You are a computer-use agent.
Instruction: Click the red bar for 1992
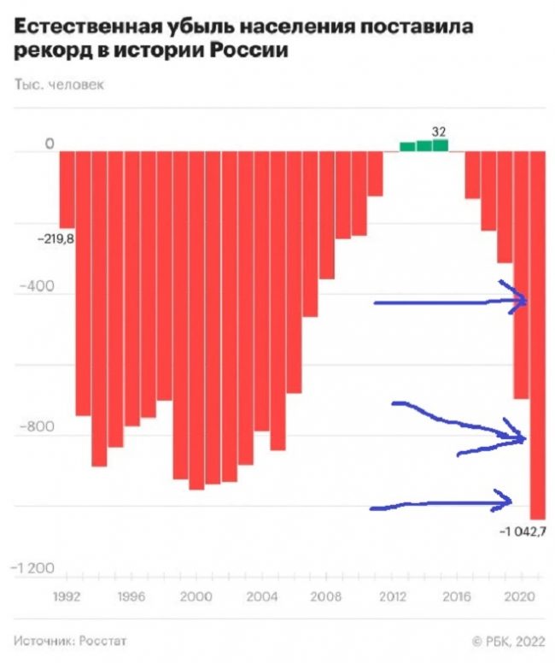[x=67, y=188]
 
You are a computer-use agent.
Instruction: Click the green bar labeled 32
[x=440, y=145]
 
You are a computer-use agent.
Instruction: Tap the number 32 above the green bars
[x=439, y=132]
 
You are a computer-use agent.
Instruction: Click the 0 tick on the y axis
[x=50, y=145]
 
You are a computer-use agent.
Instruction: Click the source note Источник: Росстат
[x=69, y=640]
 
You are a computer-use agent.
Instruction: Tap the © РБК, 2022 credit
[x=507, y=640]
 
